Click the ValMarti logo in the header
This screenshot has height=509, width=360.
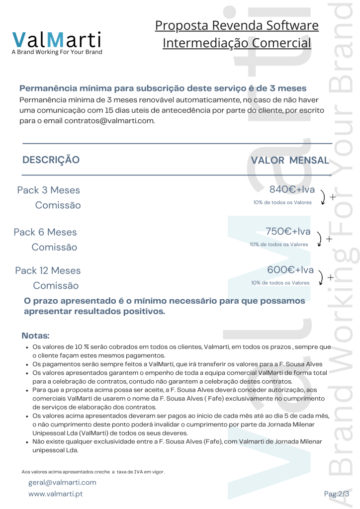click(57, 39)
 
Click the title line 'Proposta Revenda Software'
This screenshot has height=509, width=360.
click(237, 25)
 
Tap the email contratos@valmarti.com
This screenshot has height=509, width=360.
click(109, 121)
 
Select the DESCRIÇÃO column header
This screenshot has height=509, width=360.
click(51, 160)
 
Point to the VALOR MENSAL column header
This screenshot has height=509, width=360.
click(290, 160)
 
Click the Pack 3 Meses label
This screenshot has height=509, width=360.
click(48, 190)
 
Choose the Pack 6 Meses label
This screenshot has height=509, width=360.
click(45, 232)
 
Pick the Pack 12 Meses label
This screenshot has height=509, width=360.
click(48, 271)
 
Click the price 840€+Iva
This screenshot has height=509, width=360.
click(292, 189)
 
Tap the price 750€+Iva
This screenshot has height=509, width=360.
click(288, 231)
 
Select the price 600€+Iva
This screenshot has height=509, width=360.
click(290, 270)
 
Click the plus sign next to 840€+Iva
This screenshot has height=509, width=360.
click(333, 197)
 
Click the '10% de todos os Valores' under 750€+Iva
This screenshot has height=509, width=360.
click(278, 244)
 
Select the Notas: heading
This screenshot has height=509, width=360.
click(36, 336)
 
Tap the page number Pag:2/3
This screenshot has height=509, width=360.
click(337, 494)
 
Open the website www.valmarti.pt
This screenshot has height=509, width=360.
click(55, 494)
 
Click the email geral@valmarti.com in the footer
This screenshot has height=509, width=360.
click(62, 482)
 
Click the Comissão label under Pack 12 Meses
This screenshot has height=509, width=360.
click(56, 286)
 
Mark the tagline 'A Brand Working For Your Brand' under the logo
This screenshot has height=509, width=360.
click(57, 52)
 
